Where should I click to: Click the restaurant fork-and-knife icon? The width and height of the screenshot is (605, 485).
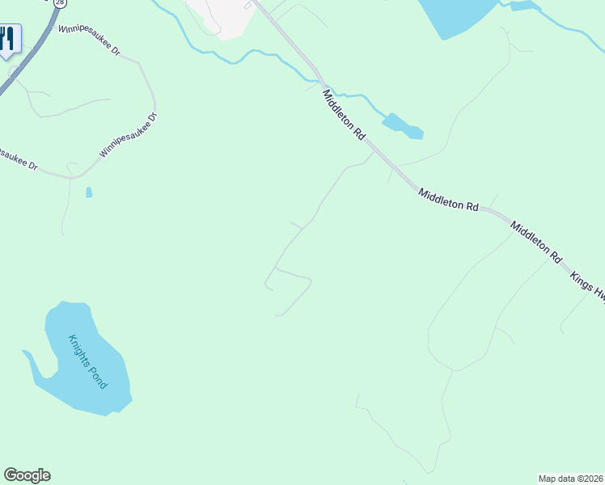7,38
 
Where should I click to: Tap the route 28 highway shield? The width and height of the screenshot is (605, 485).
61,3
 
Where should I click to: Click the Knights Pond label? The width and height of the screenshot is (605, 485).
87,361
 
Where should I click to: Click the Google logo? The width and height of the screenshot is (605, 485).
27,475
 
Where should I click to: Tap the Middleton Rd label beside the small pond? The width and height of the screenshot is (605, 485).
344,116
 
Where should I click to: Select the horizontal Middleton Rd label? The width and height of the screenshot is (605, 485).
448,200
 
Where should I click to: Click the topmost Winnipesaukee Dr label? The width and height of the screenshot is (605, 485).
89,39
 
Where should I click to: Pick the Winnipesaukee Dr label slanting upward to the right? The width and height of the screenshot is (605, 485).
127,135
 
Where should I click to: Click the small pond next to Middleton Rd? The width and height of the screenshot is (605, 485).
402,125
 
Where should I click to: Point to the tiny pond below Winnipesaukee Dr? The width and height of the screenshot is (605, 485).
88,192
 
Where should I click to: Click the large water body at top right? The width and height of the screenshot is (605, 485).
457,15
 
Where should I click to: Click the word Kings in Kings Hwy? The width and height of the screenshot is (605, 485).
582,282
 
